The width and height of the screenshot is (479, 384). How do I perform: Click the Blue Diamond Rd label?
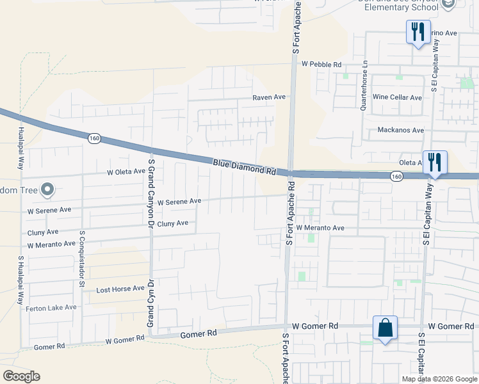pyautogui.click(x=244, y=168)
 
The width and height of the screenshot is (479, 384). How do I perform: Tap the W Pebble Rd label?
pyautogui.click(x=321, y=65)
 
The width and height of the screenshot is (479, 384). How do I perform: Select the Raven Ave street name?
pyautogui.click(x=268, y=97)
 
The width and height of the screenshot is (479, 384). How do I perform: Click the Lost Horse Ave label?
pyautogui.click(x=120, y=289)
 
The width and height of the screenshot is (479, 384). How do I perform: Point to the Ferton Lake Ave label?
pyautogui.click(x=51, y=308)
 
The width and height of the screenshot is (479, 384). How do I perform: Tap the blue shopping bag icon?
pyautogui.click(x=386, y=328)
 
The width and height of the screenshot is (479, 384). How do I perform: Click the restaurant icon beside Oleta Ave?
pyautogui.click(x=435, y=162)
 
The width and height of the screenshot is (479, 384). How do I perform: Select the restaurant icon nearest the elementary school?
pyautogui.click(x=418, y=31)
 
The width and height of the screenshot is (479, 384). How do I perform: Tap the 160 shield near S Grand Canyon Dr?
pyautogui.click(x=94, y=138)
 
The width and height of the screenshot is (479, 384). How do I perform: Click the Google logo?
pyautogui.click(x=21, y=376)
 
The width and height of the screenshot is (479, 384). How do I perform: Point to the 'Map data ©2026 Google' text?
pyautogui.click(x=439, y=379)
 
